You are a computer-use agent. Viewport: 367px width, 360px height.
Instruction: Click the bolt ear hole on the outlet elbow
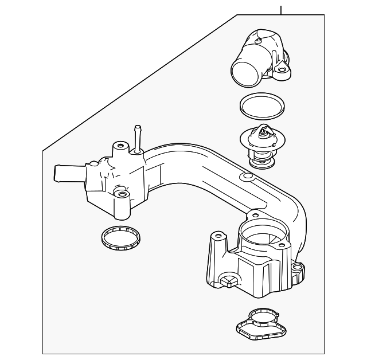[x=282, y=72]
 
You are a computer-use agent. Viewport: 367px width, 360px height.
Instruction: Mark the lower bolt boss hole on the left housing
[x=121, y=195]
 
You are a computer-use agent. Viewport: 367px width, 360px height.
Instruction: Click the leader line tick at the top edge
[x=282, y=9]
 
